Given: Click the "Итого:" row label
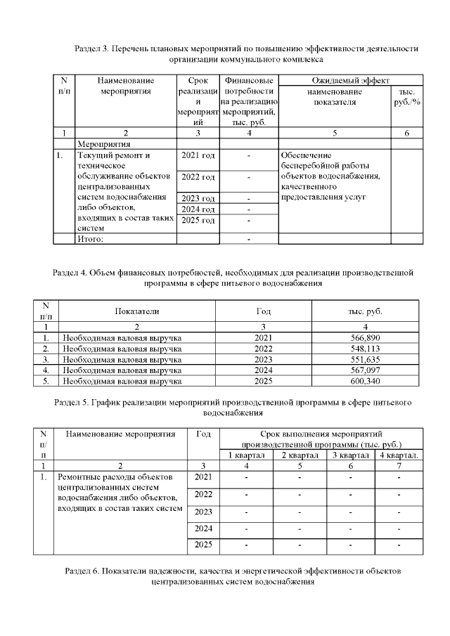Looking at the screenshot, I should coord(90,239).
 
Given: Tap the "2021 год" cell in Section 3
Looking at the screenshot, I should coord(198,155).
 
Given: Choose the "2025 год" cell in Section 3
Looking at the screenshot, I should coord(198,221).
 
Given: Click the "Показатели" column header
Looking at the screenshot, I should coord(137,311).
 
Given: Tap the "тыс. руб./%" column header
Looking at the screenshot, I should coord(406,97).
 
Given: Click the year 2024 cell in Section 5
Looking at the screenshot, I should coord(203,528).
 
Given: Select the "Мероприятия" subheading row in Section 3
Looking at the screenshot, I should coord(100,142).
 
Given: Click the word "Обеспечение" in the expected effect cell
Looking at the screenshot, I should coord(305,155).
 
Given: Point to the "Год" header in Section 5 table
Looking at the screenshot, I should coord(203,434).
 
